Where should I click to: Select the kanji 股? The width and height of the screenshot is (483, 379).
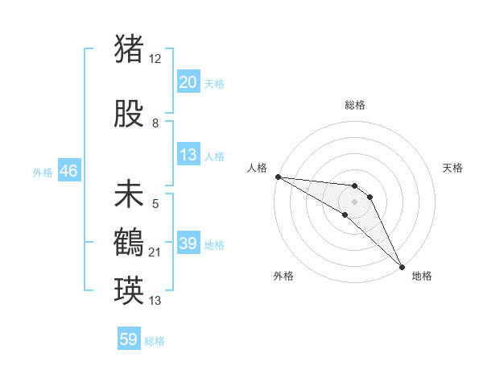(x=130, y=115)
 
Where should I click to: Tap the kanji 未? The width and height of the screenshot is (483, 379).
(x=130, y=195)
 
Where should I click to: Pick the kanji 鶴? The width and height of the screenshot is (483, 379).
(x=130, y=242)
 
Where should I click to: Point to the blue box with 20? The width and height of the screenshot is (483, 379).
(x=188, y=82)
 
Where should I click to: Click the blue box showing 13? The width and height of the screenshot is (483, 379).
(x=188, y=156)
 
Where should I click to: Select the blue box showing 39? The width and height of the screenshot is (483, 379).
(x=188, y=244)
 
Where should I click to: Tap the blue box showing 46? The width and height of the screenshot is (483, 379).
(x=68, y=171)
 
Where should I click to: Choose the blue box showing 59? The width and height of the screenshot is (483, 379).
(x=128, y=339)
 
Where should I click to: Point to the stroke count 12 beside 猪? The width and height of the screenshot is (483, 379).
(x=155, y=58)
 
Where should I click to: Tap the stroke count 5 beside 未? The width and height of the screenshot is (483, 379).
(x=155, y=205)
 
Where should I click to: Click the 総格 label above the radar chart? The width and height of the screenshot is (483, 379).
(x=354, y=105)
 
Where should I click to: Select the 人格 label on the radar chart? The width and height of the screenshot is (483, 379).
(x=258, y=168)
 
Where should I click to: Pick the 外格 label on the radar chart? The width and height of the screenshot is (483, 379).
(x=283, y=276)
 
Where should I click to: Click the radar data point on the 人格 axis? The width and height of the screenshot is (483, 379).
(x=278, y=177)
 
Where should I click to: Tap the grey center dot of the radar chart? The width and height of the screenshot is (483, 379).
(x=354, y=201)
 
